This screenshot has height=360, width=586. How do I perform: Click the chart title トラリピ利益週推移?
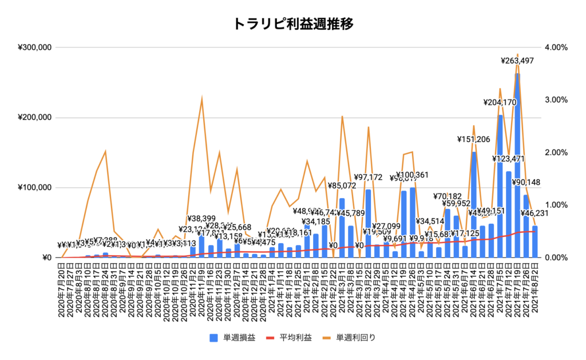coord(292,23)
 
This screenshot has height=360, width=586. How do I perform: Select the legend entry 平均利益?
coord(294,337)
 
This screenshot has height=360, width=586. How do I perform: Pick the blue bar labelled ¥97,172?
coord(368,223)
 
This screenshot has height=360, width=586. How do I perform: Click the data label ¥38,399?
coord(203,219)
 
